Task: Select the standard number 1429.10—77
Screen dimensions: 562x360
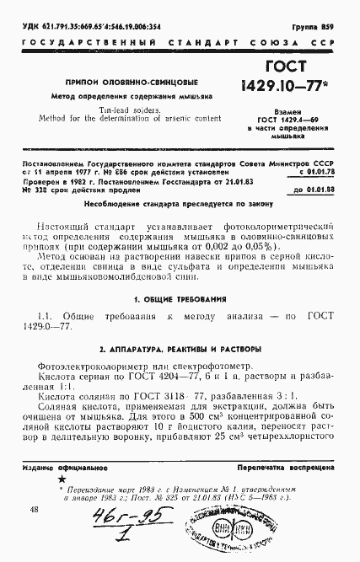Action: [x=290, y=88]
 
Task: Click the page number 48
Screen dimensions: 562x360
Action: [x=34, y=510]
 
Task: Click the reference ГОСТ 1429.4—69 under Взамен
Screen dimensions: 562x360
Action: [x=292, y=120]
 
